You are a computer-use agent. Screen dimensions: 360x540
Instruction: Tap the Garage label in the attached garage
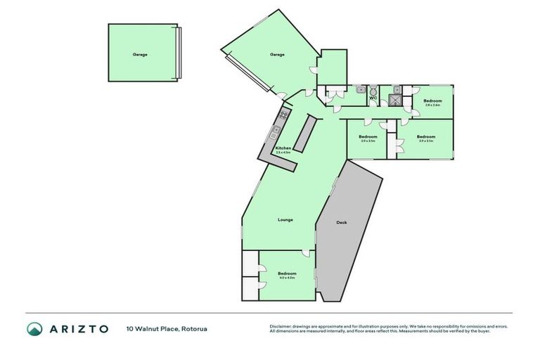277,54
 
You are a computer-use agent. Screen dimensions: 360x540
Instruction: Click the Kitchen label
283,148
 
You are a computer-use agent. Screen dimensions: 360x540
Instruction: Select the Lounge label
285,219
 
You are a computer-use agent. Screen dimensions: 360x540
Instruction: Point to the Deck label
342,222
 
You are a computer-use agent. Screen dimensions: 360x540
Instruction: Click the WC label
373,98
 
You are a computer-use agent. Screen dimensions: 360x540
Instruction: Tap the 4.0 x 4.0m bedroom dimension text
286,278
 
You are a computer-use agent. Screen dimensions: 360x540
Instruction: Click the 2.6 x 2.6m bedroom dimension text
432,105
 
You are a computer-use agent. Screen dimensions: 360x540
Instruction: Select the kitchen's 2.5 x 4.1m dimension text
283,153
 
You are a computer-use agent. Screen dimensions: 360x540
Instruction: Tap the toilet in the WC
373,90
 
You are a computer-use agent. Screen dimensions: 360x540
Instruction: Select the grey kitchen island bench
304,134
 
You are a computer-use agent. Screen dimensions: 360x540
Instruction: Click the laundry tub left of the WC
360,90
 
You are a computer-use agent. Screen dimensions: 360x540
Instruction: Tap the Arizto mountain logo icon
34,328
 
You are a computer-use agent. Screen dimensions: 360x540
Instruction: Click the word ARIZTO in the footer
78,328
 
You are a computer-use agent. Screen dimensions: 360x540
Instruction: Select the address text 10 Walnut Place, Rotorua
167,328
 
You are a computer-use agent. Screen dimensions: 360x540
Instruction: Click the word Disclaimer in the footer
282,326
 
